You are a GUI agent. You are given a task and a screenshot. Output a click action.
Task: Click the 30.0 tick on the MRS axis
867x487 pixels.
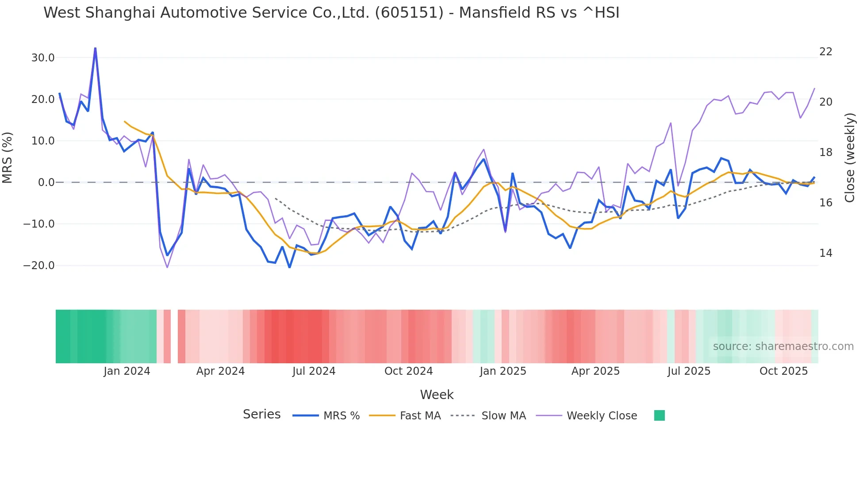point(43,58)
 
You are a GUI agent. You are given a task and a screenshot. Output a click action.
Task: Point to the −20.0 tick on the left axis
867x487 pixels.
point(39,266)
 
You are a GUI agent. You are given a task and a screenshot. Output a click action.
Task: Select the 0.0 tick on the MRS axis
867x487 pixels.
point(46,183)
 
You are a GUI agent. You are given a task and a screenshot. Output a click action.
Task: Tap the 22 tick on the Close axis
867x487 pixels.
point(825,52)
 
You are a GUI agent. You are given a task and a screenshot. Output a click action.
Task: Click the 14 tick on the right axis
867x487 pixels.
point(825,253)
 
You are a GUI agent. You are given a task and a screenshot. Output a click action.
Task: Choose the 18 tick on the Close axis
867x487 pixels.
point(825,152)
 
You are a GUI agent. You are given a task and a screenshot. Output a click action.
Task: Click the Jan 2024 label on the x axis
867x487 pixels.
point(127,371)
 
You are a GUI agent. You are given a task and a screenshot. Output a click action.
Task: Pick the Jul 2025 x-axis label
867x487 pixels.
point(689,371)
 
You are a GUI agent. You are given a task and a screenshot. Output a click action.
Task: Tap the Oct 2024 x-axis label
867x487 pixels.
point(408,371)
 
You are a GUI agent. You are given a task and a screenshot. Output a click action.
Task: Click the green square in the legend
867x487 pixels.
point(659,415)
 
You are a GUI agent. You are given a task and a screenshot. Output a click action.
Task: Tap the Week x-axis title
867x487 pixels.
point(437,395)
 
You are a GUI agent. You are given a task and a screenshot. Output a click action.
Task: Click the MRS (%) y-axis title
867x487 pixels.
point(8,158)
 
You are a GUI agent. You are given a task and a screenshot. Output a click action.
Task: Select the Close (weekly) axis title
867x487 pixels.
point(849,158)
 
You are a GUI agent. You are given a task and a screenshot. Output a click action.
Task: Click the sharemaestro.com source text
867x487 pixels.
point(783,346)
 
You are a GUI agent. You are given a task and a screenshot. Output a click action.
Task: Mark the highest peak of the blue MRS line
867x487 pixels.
point(95,48)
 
